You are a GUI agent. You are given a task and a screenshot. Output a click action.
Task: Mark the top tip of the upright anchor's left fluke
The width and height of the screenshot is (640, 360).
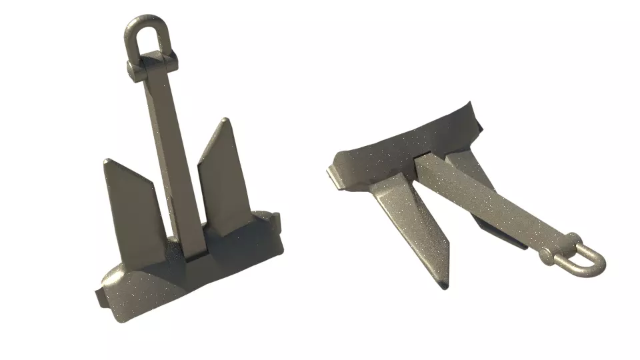(x=107, y=161)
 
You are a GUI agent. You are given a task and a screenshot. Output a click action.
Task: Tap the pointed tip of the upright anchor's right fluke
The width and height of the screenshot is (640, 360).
(x=226, y=121)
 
